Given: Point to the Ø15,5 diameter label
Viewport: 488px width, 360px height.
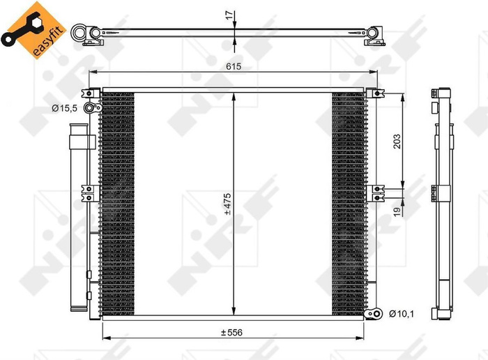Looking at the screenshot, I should pyautogui.click(x=64, y=107).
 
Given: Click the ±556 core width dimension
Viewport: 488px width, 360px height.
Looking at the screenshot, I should pyautogui.click(x=233, y=333).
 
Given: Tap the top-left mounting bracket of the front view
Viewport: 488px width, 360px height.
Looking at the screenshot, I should pyautogui.click(x=89, y=93).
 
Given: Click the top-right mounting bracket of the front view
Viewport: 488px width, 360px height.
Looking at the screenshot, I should pyautogui.click(x=376, y=93).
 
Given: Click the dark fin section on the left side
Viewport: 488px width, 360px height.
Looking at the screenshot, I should pyautogui.click(x=118, y=202).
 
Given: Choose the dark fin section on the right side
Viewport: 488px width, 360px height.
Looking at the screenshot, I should pyautogui.click(x=348, y=202).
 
